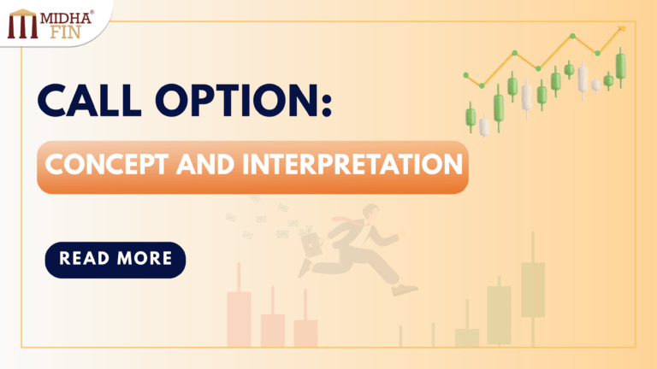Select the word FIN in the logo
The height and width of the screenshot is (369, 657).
click(63, 32)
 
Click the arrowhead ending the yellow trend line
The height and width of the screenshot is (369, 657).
click(622, 29)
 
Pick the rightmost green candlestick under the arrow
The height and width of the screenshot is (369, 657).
click(620, 64)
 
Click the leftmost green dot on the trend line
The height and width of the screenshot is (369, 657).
click(465, 73)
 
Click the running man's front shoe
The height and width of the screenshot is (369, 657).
click(409, 290)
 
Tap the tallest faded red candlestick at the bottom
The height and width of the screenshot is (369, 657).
click(239, 318)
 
